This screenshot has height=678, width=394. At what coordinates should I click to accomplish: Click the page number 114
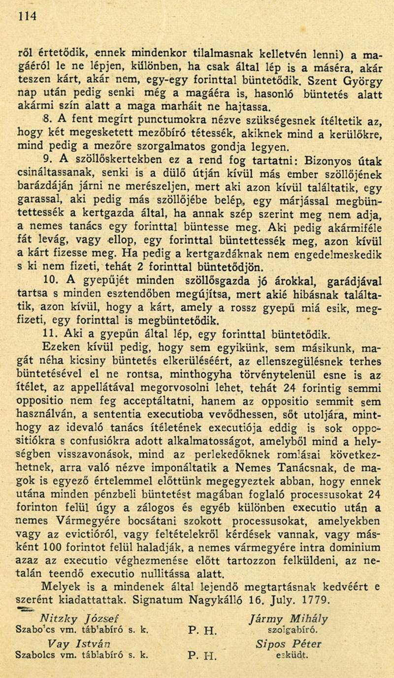point(27,16)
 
